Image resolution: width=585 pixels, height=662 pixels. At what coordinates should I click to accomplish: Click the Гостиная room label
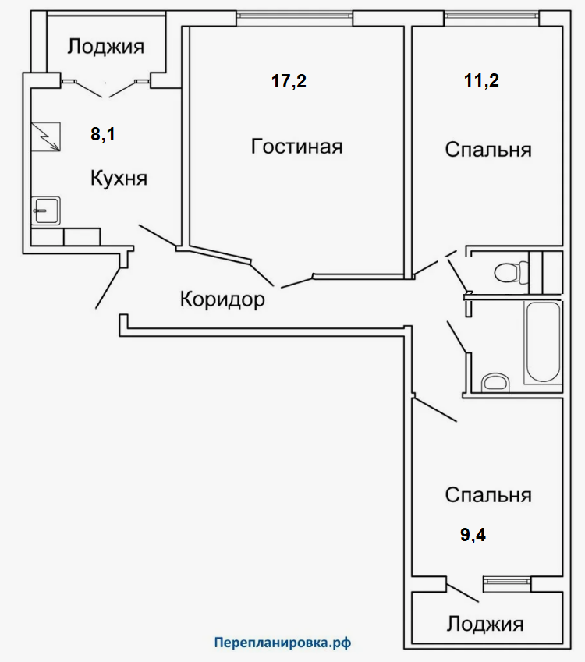click(x=296, y=147)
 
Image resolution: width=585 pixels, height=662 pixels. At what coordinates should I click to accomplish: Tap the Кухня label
click(x=119, y=178)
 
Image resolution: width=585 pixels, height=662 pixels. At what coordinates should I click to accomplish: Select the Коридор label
click(x=222, y=298)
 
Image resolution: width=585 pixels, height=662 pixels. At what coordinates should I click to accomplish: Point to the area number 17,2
click(x=289, y=81)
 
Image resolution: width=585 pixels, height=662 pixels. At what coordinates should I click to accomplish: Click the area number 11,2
click(x=481, y=81)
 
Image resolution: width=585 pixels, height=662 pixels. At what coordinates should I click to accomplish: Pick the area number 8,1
click(x=103, y=134)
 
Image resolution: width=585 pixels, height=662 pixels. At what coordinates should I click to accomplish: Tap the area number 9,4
click(x=473, y=535)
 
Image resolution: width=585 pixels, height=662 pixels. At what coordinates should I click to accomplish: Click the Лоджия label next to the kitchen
click(x=105, y=47)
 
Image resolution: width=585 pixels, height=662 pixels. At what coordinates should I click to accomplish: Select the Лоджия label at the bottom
click(x=485, y=625)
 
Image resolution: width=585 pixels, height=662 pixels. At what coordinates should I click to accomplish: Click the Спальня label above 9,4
click(x=488, y=495)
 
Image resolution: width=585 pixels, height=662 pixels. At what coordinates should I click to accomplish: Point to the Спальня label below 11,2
click(x=488, y=149)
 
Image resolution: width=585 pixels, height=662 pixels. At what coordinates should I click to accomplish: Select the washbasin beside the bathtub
click(x=495, y=382)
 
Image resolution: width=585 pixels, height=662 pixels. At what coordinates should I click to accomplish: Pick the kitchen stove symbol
click(x=48, y=137)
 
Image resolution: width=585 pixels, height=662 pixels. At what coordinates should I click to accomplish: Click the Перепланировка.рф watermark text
click(x=282, y=643)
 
